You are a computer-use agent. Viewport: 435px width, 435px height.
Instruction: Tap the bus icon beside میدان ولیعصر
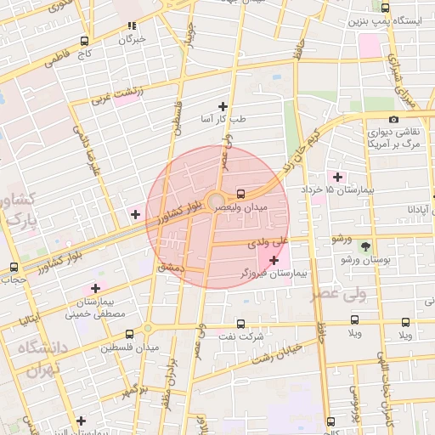(x=243, y=192)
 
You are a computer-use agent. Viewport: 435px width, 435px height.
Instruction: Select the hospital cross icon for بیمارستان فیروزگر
(x=273, y=259)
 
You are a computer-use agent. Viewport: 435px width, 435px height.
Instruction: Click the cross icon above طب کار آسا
(x=223, y=106)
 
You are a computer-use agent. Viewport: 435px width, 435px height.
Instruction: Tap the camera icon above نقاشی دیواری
(x=393, y=120)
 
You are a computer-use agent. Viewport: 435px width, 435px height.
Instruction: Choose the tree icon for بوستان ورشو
(x=365, y=246)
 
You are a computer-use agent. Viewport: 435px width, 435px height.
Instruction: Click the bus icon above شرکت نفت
(x=240, y=324)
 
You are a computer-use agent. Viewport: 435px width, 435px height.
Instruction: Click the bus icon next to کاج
(x=84, y=41)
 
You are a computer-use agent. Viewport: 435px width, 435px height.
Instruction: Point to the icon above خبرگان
(x=131, y=26)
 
